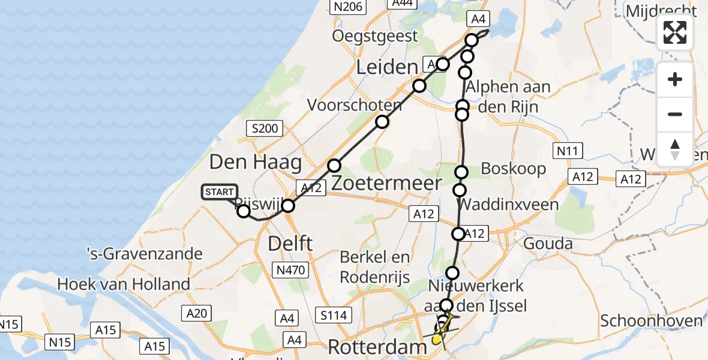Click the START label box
220,192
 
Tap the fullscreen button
675,32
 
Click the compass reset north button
675,149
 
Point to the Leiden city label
386,67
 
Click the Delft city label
291,244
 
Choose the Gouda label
548,244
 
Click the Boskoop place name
514,169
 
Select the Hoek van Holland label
124,284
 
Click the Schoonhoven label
652,320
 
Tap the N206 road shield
348,7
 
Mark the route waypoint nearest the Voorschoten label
382,122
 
